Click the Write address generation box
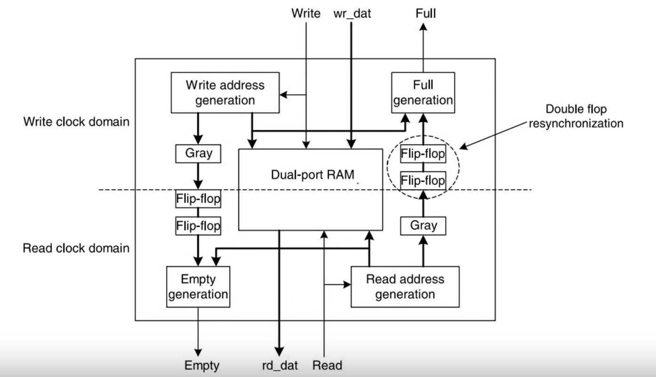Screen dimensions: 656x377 (225, 93)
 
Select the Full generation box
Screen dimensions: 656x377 (423, 93)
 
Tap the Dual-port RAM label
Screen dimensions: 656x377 (312, 175)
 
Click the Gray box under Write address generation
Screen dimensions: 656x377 (198, 153)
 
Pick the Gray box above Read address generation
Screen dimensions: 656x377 (423, 225)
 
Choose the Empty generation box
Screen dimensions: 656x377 (198, 287)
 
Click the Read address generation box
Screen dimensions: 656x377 (405, 287)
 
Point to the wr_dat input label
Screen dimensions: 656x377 (352, 14)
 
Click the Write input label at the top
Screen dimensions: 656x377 (306, 13)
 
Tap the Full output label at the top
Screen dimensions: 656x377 (425, 13)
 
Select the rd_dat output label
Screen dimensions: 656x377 (280, 365)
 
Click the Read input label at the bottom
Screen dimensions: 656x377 (327, 365)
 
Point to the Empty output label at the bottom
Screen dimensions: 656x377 (202, 366)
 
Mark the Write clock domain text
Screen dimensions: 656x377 (76, 121)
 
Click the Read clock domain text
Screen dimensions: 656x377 (76, 248)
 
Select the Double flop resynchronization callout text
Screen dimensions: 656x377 (576, 116)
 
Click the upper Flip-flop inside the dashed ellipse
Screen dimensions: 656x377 (423, 153)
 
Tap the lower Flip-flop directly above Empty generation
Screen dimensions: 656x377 (198, 225)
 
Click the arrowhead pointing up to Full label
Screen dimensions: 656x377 (423, 27)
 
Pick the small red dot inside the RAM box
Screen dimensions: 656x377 (358, 184)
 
